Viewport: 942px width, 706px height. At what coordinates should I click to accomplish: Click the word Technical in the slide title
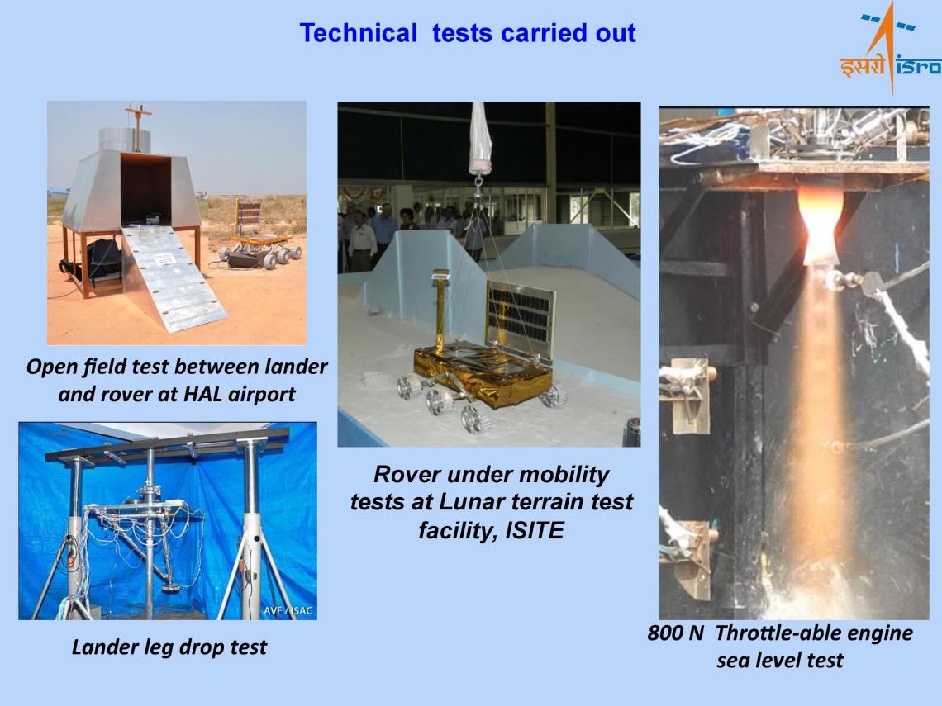(358, 33)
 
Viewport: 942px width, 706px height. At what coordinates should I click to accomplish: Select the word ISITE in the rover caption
(534, 530)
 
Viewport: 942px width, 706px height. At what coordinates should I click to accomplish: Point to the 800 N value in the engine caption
(675, 633)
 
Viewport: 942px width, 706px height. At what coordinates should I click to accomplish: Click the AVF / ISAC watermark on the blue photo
(288, 610)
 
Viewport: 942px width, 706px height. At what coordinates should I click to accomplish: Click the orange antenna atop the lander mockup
(137, 126)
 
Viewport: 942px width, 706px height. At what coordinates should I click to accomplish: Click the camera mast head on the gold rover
(440, 276)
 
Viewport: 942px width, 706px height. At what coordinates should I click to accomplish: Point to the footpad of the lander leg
(171, 587)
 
